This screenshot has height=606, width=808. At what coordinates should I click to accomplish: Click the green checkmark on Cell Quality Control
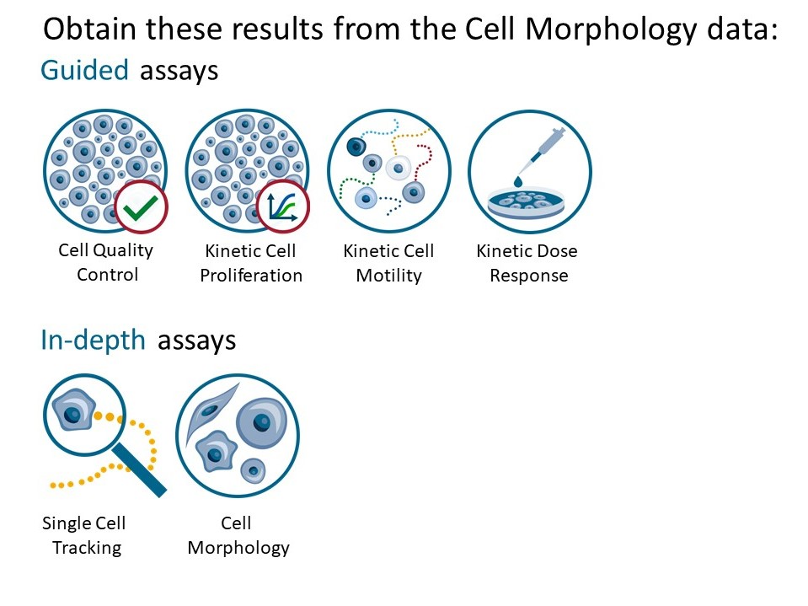click(x=141, y=207)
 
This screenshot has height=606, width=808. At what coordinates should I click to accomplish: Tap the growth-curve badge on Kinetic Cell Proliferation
click(x=283, y=207)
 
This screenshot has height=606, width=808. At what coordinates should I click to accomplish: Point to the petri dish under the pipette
click(x=526, y=203)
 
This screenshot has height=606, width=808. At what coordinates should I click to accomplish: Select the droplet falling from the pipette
click(x=518, y=181)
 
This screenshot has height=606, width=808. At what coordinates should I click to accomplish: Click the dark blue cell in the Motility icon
click(x=356, y=147)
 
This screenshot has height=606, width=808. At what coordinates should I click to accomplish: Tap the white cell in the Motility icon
click(x=398, y=168)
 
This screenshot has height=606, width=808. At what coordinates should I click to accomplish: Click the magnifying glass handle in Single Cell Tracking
click(x=139, y=470)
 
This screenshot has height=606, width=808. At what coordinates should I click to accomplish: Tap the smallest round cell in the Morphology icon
click(x=253, y=470)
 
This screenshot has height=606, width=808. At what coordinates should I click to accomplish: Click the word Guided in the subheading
click(x=84, y=70)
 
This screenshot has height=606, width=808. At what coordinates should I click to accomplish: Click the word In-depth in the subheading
click(x=94, y=341)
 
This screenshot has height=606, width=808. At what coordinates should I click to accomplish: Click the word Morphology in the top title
click(x=611, y=29)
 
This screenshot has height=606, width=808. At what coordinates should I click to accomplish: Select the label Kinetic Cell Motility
click(x=389, y=263)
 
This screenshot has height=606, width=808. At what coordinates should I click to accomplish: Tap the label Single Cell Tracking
click(x=84, y=535)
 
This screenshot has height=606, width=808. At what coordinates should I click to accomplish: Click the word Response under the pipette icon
click(x=529, y=276)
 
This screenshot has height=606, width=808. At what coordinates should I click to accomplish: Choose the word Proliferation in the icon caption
click(x=251, y=276)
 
